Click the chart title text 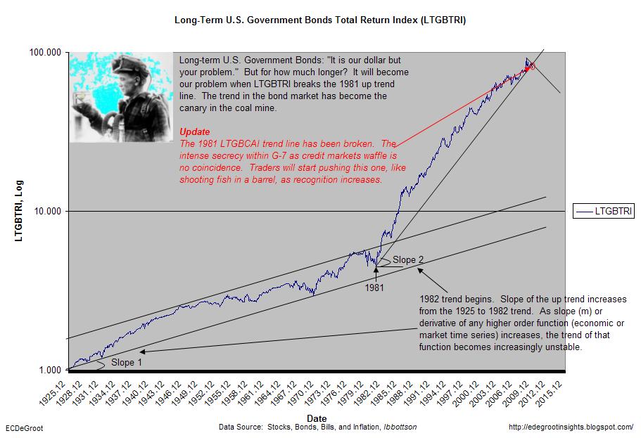pos(320,20)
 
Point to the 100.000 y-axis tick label pos(45,52)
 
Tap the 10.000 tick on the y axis pos(47,211)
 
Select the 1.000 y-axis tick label pos(50,370)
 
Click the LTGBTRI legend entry pos(604,211)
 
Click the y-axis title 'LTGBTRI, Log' pos(19,211)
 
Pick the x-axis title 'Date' pos(317,418)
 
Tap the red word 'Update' pos(195,131)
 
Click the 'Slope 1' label pos(127,362)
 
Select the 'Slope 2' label pos(408,260)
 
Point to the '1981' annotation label pos(374,288)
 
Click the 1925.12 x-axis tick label pos(52,393)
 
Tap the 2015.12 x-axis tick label pos(549,393)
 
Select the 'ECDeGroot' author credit pos(24,428)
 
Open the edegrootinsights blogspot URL pos(571,427)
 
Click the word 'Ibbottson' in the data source pos(400,427)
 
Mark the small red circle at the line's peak pos(532,66)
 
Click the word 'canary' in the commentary pos(193,108)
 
